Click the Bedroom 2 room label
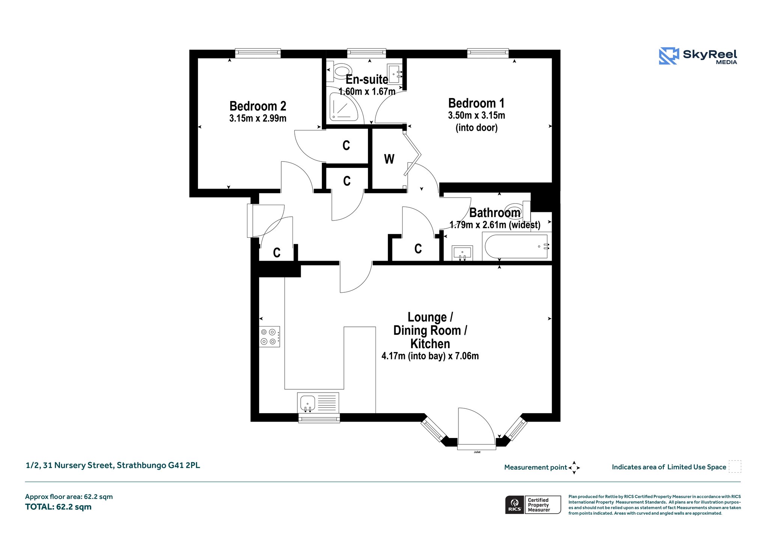258,106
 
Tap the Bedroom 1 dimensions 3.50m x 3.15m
476,115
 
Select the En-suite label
367,79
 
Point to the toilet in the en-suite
339,72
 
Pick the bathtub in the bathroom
517,246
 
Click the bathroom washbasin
462,252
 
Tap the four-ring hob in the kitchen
270,336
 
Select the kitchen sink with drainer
318,403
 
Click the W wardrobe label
389,159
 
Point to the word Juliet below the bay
477,452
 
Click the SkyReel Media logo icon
669,56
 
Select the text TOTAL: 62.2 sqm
58,507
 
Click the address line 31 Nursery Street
113,465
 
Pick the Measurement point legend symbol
574,468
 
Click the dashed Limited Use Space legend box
735,467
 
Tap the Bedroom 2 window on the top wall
258,53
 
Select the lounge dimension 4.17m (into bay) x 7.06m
430,356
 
